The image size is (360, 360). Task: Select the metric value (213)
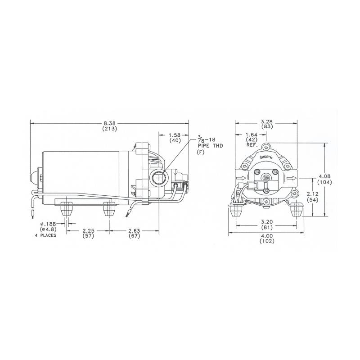click(109, 129)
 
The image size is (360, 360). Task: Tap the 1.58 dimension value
click(175, 135)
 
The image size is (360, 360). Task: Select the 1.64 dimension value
click(251, 135)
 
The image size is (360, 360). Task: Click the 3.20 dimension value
click(267, 222)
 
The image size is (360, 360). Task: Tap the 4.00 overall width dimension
click(267, 235)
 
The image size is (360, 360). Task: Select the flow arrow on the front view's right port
click(292, 179)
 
